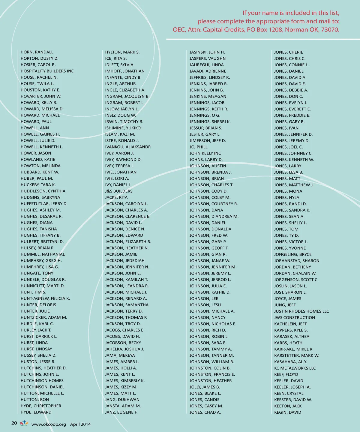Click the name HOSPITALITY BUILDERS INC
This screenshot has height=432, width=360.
pyautogui.click(x=47, y=71)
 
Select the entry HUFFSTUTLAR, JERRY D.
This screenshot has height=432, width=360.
pyautogui.click(x=44, y=204)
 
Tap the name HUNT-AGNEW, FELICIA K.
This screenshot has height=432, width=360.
pyautogui.click(x=45, y=298)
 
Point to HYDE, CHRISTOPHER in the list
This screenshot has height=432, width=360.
pyautogui.click(x=41, y=406)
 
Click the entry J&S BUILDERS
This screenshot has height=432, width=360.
pyautogui.click(x=118, y=191)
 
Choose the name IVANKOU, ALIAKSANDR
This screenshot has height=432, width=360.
pyautogui.click(x=128, y=147)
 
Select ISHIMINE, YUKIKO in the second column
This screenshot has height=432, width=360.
pyautogui.click(x=123, y=128)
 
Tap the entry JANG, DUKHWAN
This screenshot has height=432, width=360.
pyautogui.click(x=122, y=400)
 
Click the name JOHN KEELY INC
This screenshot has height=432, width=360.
pyautogui.click(x=205, y=153)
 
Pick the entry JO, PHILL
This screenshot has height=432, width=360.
pyautogui.click(x=198, y=147)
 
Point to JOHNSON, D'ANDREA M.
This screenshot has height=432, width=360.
pyautogui.click(x=214, y=216)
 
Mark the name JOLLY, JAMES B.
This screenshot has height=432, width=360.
pyautogui.click(x=205, y=387)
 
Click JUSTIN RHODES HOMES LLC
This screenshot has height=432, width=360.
pyautogui.click(x=301, y=311)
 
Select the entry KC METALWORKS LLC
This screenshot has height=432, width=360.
pyautogui.click(x=295, y=368)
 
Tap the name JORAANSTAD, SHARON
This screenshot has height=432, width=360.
pyautogui.click(x=297, y=261)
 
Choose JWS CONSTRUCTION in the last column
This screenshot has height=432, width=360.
pyautogui.click(x=295, y=317)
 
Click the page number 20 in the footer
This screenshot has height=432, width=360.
pyautogui.click(x=14, y=423)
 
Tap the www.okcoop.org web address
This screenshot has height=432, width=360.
pyautogui.click(x=49, y=424)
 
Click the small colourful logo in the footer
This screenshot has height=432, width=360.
pyautogui.click(x=24, y=423)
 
